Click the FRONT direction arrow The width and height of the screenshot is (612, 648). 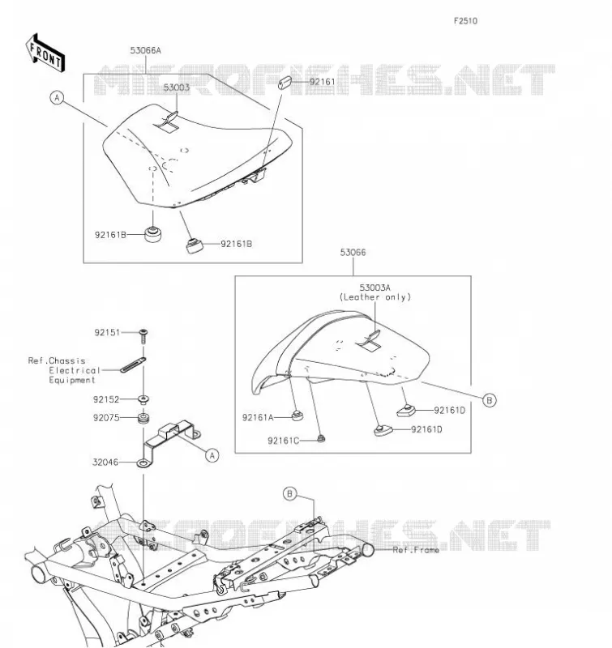pos(45,53)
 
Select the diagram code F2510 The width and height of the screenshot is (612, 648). pos(465,21)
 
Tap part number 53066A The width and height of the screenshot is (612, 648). pos(146,50)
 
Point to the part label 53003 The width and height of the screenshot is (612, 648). pos(177,87)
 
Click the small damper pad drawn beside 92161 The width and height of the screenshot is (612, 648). pos(285,82)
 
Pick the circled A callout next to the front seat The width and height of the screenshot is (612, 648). pos(57,98)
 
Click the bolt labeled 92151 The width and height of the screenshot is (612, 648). pos(143,336)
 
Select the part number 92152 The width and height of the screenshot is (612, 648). pos(106,399)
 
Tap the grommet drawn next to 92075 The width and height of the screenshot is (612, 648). pos(143,418)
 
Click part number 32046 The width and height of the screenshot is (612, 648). pos(105,463)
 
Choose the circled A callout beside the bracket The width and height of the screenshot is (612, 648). pos(212,455)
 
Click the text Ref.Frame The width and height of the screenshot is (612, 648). pos(416,550)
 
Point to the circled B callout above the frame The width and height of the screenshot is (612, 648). pos(290,494)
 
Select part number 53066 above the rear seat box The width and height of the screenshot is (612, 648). pos(353,253)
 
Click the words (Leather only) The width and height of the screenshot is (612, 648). pos(375,297)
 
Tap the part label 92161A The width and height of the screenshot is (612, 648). pos(258,418)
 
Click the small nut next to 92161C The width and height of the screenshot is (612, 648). pos(320,438)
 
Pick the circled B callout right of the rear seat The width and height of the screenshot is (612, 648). pos(490,400)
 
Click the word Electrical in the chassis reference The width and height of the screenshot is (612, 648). pos(75,371)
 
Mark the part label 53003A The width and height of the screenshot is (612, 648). pos(375,288)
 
